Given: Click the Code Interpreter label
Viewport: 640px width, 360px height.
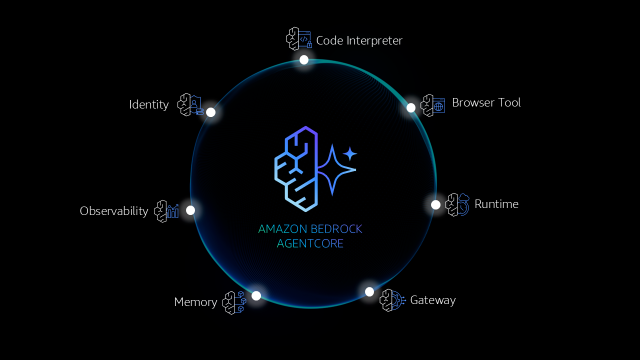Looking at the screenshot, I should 359,40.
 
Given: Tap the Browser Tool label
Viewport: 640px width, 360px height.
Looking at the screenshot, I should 486,102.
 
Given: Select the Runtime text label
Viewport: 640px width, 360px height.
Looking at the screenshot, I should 496,204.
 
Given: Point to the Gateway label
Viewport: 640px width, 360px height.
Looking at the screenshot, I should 432,300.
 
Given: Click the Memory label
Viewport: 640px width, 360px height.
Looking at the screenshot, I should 195,302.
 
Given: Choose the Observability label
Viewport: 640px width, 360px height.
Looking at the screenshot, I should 114,211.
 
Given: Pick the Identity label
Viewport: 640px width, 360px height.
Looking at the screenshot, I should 149,104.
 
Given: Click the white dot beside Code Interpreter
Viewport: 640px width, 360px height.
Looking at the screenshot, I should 304,60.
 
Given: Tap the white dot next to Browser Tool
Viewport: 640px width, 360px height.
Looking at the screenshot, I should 411,108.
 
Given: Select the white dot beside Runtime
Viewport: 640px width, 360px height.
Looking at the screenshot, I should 435,204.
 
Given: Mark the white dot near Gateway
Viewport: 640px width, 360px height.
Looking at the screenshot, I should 369,291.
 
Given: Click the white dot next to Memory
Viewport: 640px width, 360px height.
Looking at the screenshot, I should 256,295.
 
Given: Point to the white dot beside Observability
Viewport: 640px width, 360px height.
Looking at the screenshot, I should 190,210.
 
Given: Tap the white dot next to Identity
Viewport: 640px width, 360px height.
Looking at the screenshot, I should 211,112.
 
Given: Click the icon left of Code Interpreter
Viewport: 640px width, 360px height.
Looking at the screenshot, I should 299,39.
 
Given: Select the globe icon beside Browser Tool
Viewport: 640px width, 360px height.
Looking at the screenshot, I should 438,106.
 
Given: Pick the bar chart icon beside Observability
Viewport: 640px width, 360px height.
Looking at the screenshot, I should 173,211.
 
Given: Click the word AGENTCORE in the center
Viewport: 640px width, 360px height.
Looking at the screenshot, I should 310,243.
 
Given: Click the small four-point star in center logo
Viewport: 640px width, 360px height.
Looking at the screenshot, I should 349,153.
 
